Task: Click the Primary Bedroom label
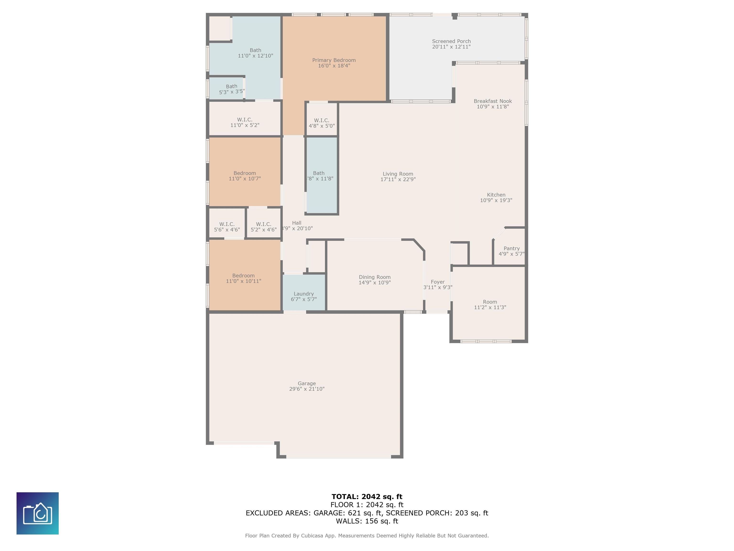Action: [334, 60]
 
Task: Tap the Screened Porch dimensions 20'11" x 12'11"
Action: [451, 47]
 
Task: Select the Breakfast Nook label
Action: [493, 101]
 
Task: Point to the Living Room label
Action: [398, 174]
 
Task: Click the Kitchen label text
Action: [496, 195]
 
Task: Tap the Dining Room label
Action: [375, 277]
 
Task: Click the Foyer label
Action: [438, 282]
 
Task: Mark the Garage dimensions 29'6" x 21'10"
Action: [307, 389]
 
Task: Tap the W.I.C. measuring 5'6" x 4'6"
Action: [227, 223]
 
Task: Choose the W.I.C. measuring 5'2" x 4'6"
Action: [264, 223]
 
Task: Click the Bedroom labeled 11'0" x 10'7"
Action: [245, 172]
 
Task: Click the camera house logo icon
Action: [38, 513]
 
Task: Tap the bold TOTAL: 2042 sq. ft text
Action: [367, 496]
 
